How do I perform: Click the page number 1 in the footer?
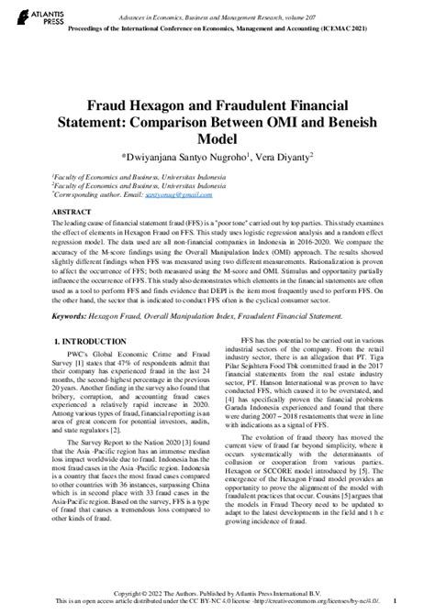tap(419, 600)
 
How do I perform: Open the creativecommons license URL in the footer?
tap(339, 600)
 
